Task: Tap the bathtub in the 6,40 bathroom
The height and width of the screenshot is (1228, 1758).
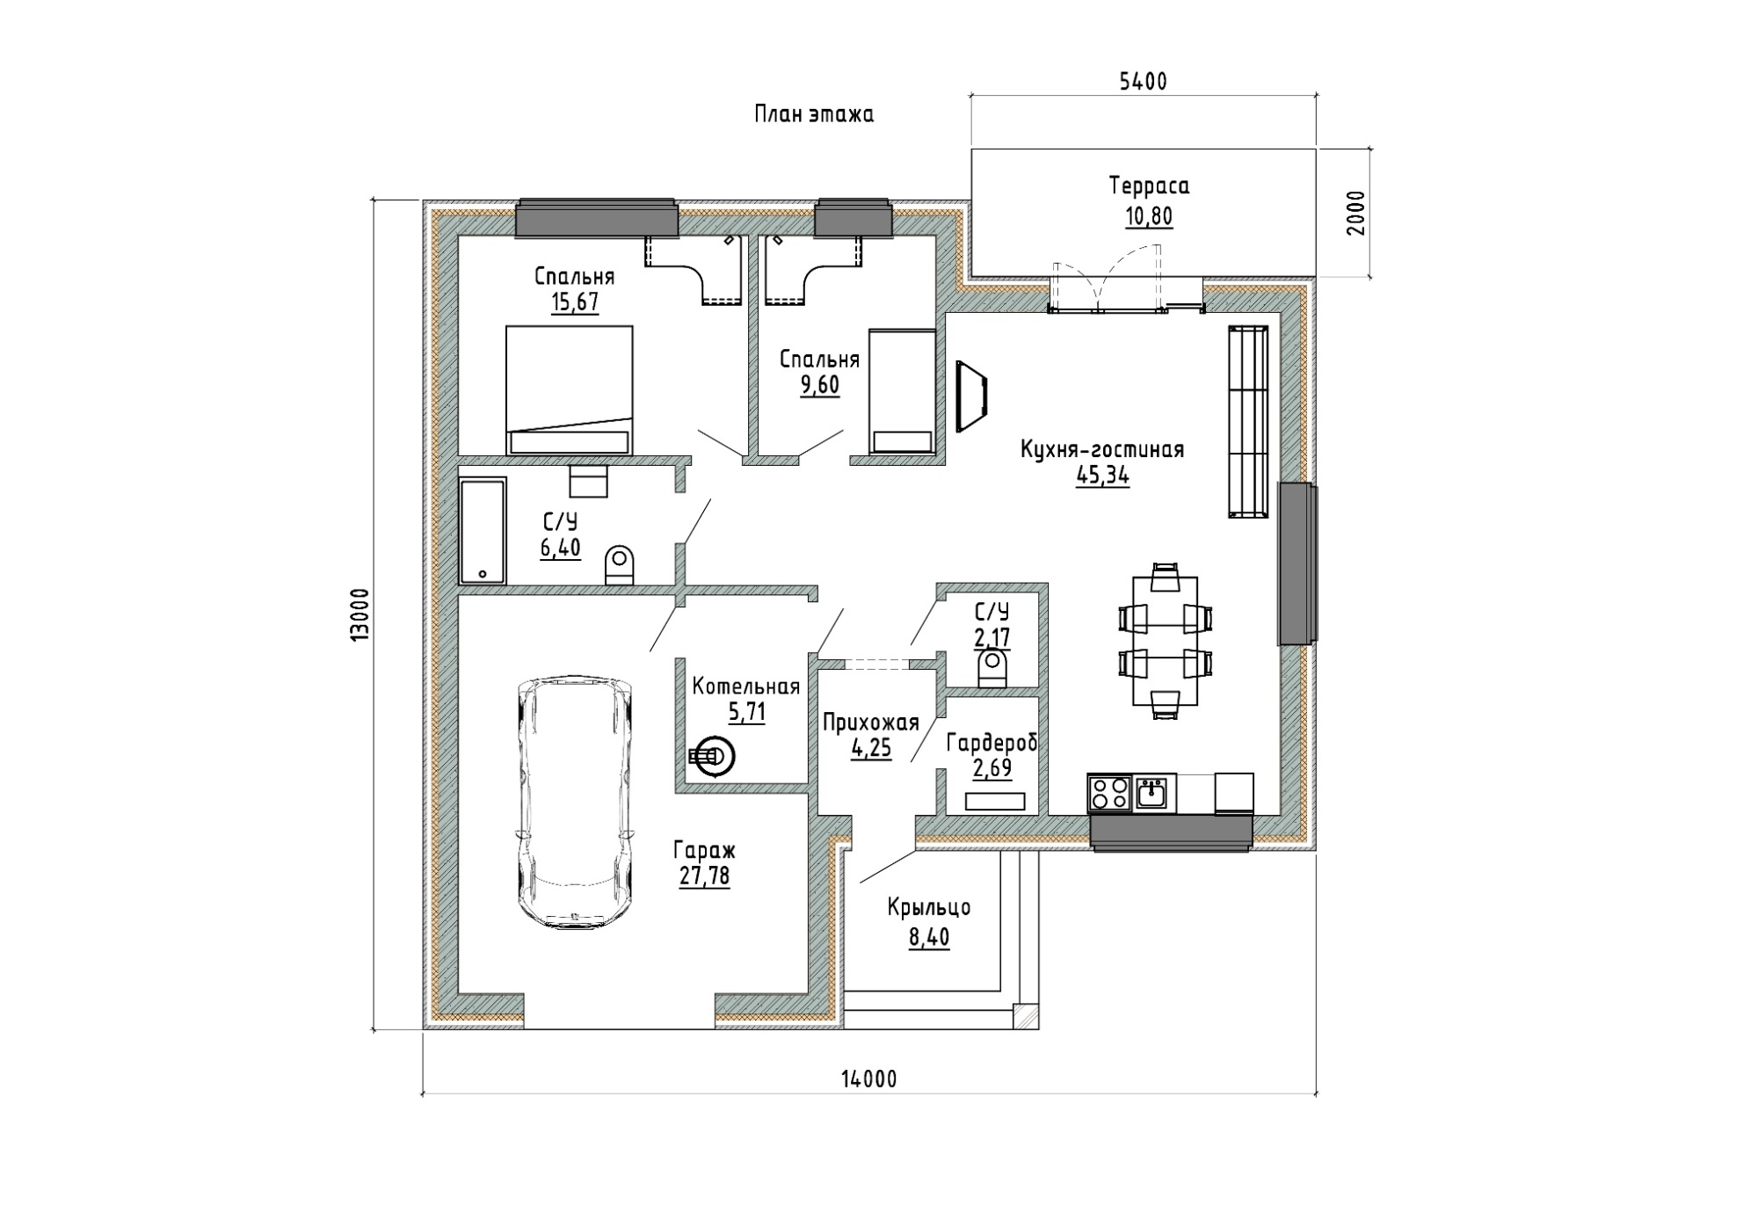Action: tap(483, 530)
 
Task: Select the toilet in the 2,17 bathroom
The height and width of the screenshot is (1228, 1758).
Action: tap(992, 668)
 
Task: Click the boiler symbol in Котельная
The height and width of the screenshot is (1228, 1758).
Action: tap(713, 756)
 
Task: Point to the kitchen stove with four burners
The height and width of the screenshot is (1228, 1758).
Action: tap(1110, 794)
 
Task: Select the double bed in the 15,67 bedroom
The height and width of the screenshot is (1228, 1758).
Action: tap(569, 390)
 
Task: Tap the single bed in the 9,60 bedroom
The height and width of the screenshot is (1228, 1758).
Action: tap(901, 392)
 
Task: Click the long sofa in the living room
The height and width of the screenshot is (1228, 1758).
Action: tap(1248, 421)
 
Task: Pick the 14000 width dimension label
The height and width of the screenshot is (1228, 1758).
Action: tap(869, 1079)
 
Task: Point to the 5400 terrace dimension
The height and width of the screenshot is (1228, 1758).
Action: tap(1143, 82)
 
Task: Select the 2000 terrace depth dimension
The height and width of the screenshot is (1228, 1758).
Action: tap(1356, 213)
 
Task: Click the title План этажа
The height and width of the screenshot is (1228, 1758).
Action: tap(814, 114)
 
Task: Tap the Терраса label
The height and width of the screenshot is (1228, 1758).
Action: tap(1149, 185)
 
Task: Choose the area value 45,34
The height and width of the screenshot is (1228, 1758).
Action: tap(1102, 476)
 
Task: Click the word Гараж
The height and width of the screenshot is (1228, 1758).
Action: tap(704, 850)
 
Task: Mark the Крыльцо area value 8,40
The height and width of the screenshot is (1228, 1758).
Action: tap(929, 937)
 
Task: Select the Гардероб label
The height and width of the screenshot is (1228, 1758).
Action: tap(992, 743)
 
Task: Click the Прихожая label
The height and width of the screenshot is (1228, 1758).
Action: tap(871, 723)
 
